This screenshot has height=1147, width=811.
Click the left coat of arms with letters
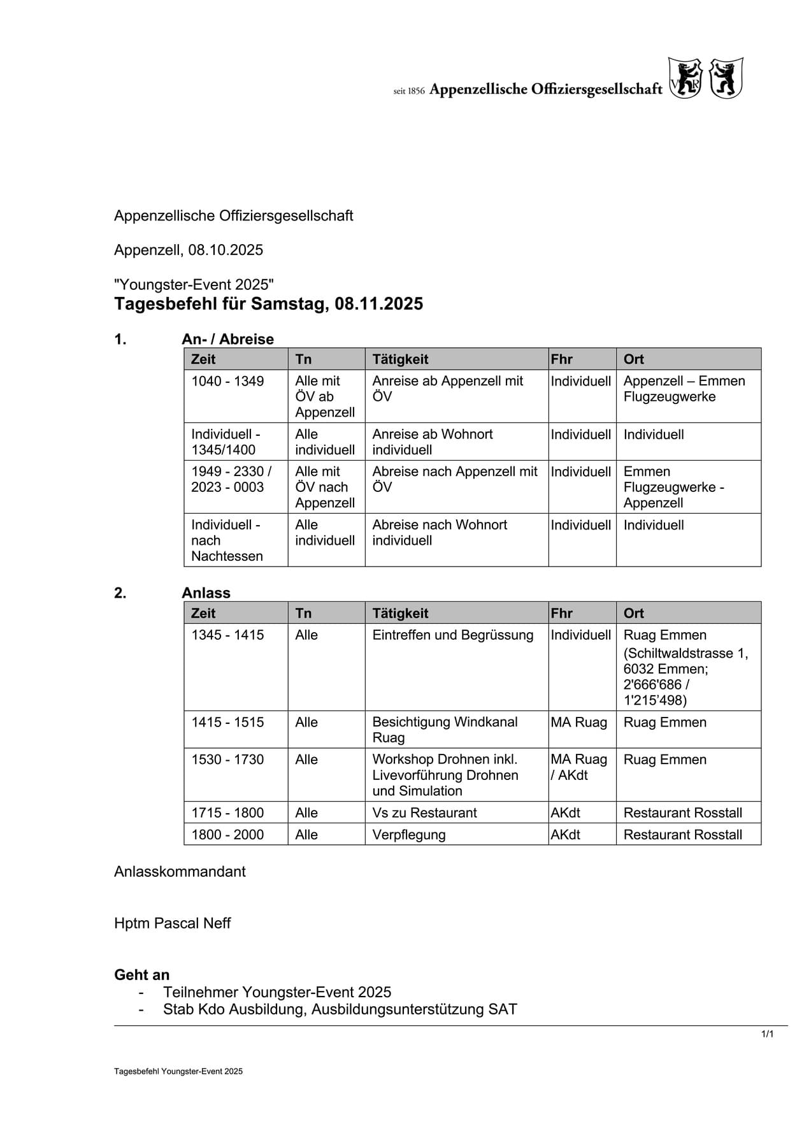tap(685, 78)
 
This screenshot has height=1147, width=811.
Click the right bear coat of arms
tap(726, 78)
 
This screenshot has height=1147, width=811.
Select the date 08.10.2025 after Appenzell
tap(226, 250)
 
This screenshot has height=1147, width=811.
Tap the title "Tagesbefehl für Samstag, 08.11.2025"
tap(268, 304)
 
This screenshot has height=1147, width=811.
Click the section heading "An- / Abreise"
tap(227, 339)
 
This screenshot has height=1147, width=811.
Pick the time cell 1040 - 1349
tap(227, 381)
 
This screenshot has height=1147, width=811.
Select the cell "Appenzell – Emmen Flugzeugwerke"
tap(684, 389)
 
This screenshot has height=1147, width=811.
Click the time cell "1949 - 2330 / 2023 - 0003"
tap(231, 479)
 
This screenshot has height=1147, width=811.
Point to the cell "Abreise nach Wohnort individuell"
tap(440, 533)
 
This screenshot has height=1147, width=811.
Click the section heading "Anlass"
tap(206, 593)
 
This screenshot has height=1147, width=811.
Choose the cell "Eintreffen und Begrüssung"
tap(452, 635)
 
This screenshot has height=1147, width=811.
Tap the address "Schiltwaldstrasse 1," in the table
tap(685, 653)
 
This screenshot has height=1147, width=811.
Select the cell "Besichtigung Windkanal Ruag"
tap(445, 730)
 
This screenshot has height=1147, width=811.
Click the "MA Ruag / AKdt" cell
tap(578, 767)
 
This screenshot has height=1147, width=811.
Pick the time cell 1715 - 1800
tap(227, 813)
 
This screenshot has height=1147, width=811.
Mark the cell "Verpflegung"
tap(409, 835)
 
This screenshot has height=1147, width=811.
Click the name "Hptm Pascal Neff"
tap(172, 923)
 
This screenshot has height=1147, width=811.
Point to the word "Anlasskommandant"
tap(180, 872)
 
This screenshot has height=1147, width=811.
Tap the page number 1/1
tap(767, 1034)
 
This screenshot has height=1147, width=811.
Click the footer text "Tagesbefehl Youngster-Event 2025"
tap(178, 1071)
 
